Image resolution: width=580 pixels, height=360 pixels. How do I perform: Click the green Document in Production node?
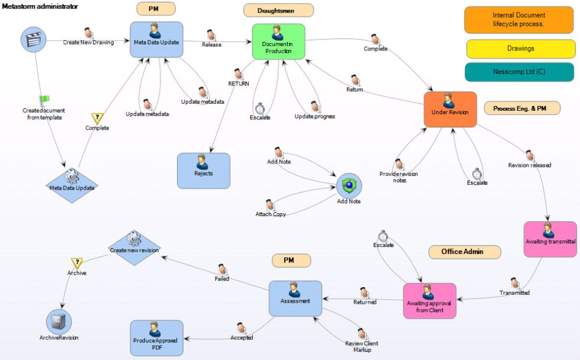coord(278,41)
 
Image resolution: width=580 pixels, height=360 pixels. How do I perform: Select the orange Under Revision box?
coord(450,110)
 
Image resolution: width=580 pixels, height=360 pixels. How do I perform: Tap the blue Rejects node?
coord(204,171)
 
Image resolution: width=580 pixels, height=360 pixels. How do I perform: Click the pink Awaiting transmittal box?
coord(550,239)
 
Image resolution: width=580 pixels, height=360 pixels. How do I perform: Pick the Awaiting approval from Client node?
coord(429,301)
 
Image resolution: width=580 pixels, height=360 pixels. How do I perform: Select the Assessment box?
coord(295,298)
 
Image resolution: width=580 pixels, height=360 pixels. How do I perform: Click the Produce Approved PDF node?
coord(156,337)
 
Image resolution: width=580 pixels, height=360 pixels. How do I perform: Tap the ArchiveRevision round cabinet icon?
coord(59,322)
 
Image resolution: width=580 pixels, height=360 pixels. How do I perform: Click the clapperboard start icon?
coord(34,39)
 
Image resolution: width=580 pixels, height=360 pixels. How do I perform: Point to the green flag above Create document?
coord(44,101)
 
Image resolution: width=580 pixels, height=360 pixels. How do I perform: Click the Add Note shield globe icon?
coord(349,186)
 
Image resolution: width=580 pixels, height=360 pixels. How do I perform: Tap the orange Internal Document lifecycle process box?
coord(518,20)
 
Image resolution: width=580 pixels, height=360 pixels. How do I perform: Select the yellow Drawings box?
coord(520,49)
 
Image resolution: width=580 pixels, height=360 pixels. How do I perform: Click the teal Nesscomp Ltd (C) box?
coord(520,72)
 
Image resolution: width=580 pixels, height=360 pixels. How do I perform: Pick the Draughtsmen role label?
coord(278,10)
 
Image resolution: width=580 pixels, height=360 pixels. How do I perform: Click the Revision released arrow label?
coord(529,165)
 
